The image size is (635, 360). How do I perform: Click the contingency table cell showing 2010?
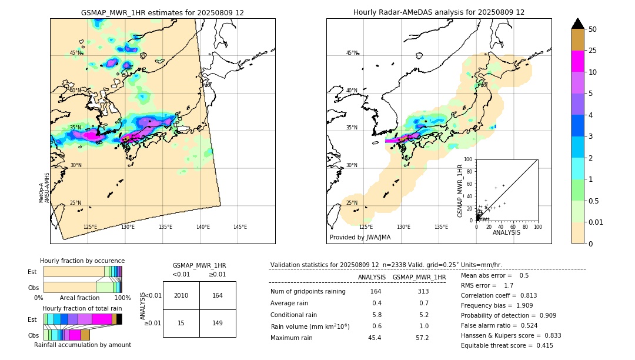[x=181, y=295]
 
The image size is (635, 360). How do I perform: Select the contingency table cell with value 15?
[x=181, y=322]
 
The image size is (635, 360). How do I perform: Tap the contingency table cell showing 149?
[x=218, y=322]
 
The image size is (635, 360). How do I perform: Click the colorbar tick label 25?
[x=593, y=51]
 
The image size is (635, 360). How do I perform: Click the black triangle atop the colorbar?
[x=578, y=24]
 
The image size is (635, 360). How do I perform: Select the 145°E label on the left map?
[x=240, y=227]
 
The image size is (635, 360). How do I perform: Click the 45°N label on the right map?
[x=352, y=53]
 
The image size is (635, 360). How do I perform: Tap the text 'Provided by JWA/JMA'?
[x=360, y=238]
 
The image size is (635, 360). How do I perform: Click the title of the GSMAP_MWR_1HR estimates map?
[x=162, y=12]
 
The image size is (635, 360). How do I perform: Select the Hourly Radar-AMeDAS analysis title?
[x=439, y=12]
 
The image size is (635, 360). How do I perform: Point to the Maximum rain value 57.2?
[x=422, y=338]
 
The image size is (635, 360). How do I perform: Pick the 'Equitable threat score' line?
[x=507, y=345]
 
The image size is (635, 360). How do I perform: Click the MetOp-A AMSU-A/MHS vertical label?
[x=44, y=188]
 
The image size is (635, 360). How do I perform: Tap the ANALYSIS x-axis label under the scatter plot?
[x=506, y=232]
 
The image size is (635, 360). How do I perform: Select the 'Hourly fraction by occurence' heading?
[x=82, y=261]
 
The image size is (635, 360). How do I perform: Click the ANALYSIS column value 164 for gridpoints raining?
[x=376, y=291]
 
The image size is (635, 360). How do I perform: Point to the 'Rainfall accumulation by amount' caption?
[x=82, y=345]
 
